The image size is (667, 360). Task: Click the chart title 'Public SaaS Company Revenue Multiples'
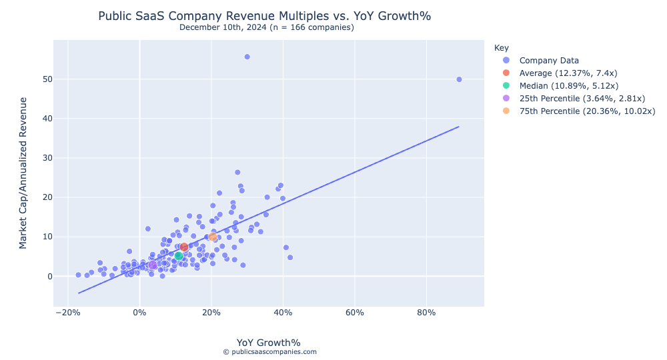269,15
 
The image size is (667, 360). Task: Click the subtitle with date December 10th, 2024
266,27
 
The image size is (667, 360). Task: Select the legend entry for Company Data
549,60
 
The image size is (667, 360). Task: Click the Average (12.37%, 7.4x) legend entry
568,73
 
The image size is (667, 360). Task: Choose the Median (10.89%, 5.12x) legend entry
568,85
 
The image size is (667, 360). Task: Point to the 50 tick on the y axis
42,79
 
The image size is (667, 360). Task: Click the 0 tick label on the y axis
45,276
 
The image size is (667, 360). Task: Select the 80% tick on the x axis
426,312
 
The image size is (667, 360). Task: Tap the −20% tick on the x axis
67,312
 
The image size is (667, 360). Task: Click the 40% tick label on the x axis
283,312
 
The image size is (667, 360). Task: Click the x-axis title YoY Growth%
268,343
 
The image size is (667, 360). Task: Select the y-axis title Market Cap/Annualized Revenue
23,173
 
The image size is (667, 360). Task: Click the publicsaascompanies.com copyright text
269,352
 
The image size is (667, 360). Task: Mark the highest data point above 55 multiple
247,57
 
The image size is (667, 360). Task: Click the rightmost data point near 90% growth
459,79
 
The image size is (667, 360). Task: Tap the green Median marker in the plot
179,256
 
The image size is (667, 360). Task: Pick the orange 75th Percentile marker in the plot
213,237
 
